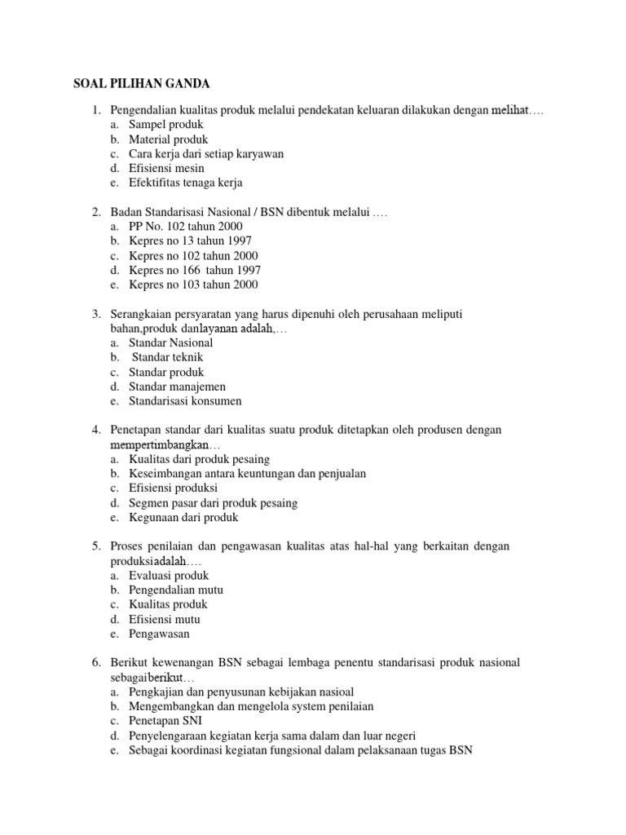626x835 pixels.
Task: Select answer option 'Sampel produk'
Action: [x=166, y=125]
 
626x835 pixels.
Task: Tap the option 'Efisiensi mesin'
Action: [x=166, y=168]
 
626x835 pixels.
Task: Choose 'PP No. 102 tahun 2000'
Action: [x=185, y=226]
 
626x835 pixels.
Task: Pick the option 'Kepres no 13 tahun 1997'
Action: [x=190, y=241]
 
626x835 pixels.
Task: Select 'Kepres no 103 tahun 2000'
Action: [x=193, y=285]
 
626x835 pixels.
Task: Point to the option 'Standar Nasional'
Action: [x=170, y=343]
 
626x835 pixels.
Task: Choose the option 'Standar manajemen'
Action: [x=177, y=387]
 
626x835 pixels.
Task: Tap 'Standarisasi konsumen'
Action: [x=185, y=401]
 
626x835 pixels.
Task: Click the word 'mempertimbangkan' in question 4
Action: [x=160, y=446]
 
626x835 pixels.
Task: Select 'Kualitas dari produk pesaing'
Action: [x=199, y=459]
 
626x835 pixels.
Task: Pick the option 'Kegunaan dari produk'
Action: [x=183, y=517]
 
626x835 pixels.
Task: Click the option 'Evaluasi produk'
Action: [x=169, y=575]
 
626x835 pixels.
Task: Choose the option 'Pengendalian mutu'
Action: [x=176, y=590]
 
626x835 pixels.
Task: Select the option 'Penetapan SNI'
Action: [x=166, y=721]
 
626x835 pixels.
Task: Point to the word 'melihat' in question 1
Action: [x=511, y=110]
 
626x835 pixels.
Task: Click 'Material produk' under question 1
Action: [x=169, y=139]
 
